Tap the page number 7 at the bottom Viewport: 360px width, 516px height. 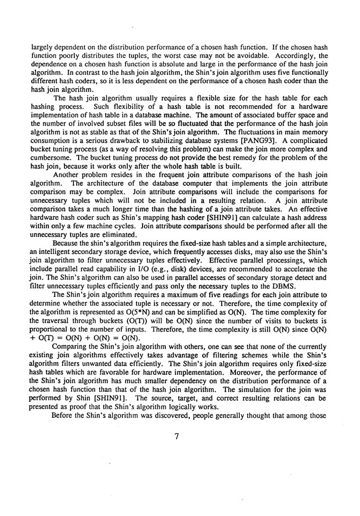pos(176,436)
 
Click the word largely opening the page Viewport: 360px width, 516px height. pos(41,47)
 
